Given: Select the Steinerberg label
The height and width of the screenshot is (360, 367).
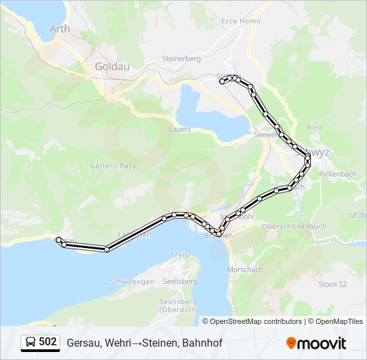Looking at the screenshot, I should point(181,59).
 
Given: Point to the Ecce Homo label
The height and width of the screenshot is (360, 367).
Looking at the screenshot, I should point(240,21).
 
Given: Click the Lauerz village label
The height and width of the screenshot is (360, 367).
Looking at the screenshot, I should point(180,129).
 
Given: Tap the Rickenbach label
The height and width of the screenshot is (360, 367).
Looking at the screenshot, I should point(338,174).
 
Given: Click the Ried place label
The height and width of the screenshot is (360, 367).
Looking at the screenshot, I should point(314,127).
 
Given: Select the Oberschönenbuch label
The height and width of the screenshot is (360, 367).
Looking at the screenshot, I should point(294,227).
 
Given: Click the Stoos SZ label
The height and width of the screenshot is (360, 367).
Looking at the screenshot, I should point(333,284).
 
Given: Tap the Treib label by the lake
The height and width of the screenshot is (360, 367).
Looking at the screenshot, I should point(180,255).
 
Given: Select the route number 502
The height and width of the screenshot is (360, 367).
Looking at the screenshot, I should point(47,342).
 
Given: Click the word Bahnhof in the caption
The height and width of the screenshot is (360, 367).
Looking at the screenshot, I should point(202,343).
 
